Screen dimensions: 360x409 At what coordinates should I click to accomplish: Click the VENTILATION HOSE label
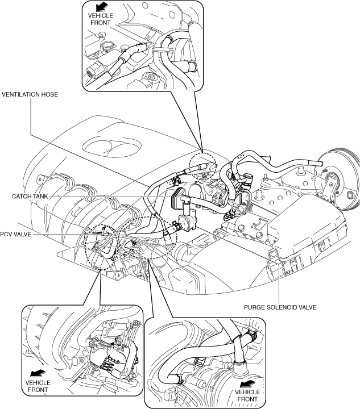coord(30,94)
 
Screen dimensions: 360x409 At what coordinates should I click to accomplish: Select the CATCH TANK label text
coord(30,196)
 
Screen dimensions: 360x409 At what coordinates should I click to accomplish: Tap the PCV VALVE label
coord(16,234)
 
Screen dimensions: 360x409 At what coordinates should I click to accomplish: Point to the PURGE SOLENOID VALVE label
coord(280,307)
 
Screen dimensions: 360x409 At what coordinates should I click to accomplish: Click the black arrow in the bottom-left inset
coord(38,374)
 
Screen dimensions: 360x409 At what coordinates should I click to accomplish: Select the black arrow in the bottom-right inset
coord(247,383)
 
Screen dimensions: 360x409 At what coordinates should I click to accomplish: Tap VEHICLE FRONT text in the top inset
coord(101,19)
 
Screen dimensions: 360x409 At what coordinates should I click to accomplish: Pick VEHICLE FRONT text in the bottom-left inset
coord(38,386)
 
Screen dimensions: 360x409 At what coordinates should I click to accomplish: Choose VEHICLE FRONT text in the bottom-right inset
coord(247,396)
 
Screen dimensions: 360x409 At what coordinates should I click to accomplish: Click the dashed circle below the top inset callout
coord(203,165)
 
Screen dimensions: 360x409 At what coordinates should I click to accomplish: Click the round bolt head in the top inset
coord(151,77)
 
